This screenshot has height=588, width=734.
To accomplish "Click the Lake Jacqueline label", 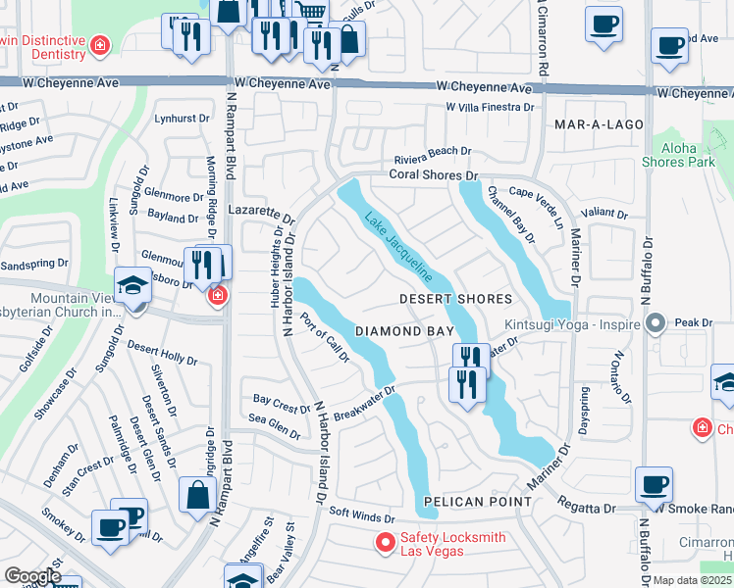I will [398, 247].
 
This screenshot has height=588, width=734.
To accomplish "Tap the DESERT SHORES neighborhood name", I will [456, 299].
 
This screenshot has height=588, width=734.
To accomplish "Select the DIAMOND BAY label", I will [404, 332].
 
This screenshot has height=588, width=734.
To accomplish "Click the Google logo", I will [32, 576].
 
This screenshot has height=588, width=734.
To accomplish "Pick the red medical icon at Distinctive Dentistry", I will [99, 45].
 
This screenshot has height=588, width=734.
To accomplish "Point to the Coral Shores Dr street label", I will [433, 175].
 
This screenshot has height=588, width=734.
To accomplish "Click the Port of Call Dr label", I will [325, 337].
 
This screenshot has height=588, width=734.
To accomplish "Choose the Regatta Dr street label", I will [588, 509].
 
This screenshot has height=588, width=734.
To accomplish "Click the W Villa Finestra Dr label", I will [489, 106].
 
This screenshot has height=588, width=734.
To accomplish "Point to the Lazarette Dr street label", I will [261, 215].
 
